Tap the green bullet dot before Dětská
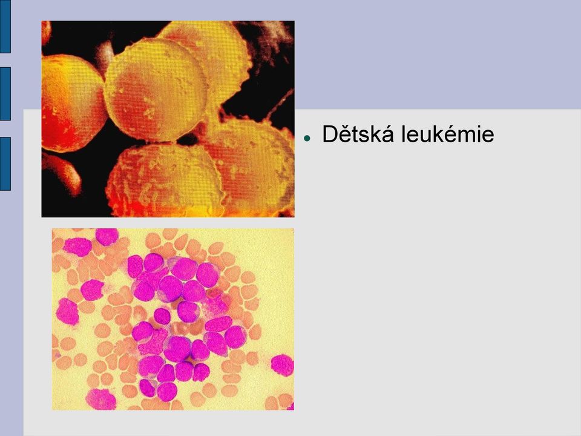306,138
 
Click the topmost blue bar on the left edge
5,26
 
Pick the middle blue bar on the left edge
5,94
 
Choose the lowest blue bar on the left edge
5,163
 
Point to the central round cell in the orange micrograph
155,90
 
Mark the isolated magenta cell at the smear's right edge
283,365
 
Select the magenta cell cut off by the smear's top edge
107,236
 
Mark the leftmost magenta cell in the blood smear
67,312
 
